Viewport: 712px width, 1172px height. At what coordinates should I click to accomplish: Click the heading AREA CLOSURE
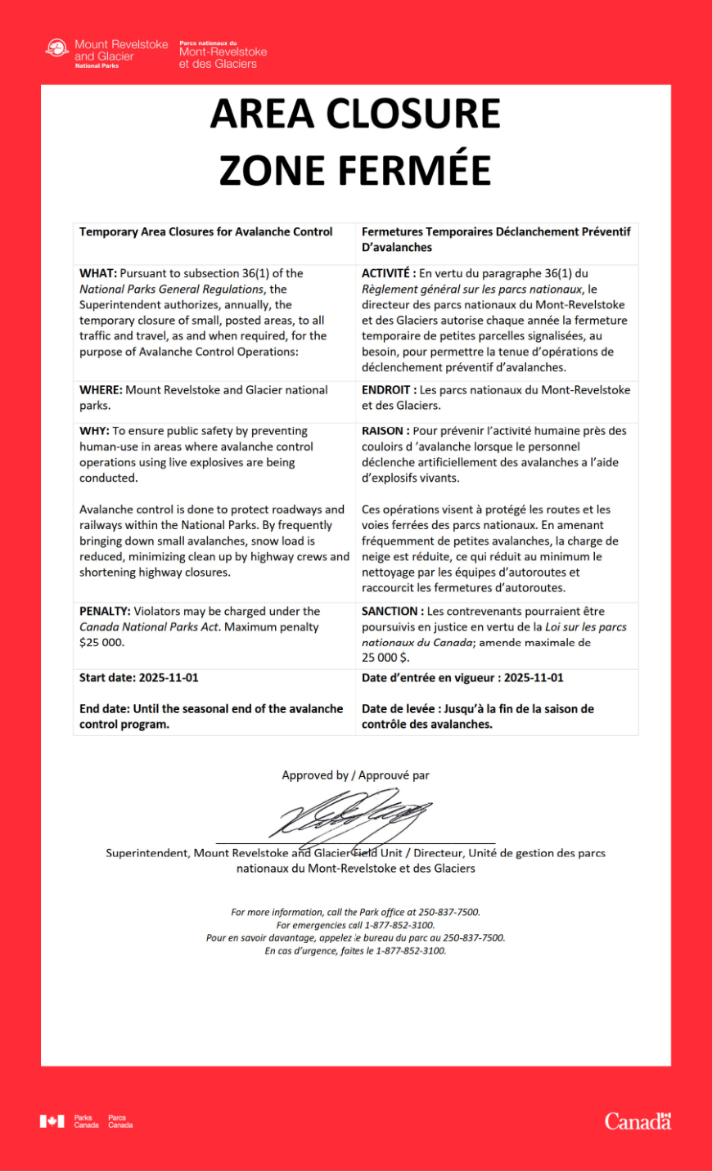[355, 114]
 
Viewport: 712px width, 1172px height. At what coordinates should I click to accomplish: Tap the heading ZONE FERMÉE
[355, 170]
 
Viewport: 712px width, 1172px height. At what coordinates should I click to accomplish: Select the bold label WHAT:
[98, 273]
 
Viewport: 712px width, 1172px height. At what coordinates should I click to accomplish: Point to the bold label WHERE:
[101, 390]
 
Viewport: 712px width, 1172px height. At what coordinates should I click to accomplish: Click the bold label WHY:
[94, 431]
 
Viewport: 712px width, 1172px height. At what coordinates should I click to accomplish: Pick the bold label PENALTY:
[105, 611]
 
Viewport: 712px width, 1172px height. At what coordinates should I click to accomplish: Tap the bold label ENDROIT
[385, 390]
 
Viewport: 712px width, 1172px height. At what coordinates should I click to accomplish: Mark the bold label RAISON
[382, 431]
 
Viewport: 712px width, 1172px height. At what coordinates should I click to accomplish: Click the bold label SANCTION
[390, 611]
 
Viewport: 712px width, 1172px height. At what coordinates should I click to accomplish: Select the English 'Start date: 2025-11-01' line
[139, 678]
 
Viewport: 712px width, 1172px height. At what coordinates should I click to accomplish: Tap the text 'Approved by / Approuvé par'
[355, 775]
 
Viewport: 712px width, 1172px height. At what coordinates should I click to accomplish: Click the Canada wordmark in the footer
[638, 1121]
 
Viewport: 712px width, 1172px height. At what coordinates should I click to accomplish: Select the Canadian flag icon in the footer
[52, 1121]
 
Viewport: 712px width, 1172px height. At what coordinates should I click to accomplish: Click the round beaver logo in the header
[56, 49]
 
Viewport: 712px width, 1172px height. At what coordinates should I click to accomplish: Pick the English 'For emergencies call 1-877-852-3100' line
[355, 925]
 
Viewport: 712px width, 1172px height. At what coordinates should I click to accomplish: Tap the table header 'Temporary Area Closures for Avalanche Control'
[206, 232]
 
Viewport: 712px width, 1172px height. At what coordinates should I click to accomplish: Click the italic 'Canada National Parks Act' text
[150, 627]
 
